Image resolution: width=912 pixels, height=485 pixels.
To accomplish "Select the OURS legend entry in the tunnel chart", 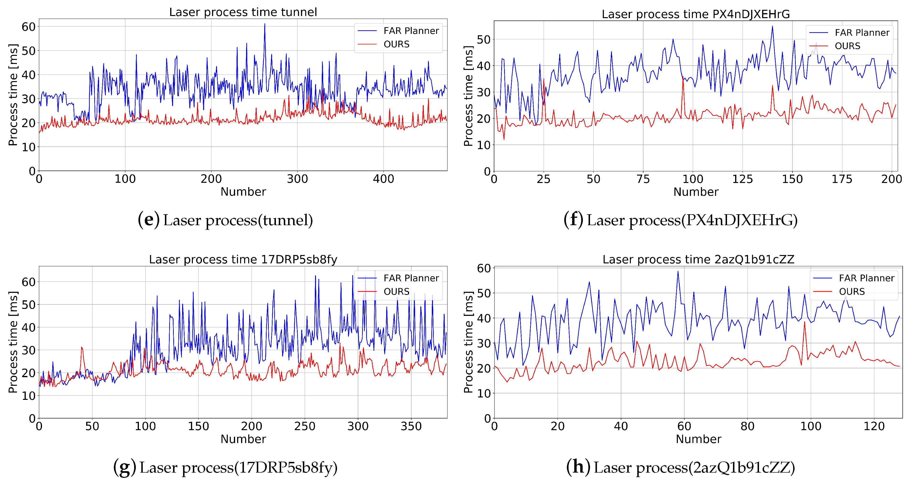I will [396, 44].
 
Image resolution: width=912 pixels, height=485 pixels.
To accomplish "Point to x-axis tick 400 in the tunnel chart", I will [383, 179].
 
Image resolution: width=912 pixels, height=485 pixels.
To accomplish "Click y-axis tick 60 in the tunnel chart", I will [29, 27].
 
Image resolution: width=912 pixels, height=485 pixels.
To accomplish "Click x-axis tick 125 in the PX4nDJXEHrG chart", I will [742, 179].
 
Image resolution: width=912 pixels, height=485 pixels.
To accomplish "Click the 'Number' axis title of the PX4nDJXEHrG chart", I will [696, 192].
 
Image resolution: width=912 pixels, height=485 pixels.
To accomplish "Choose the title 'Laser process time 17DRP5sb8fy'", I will [243, 259].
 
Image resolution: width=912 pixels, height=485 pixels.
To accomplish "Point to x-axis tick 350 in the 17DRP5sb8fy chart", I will [411, 426].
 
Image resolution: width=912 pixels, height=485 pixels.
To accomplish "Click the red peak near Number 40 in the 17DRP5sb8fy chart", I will [82, 348].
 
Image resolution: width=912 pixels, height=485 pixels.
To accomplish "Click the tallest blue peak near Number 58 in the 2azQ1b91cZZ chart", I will [678, 272].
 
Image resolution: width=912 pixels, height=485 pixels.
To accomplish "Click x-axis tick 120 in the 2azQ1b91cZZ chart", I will [874, 426].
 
